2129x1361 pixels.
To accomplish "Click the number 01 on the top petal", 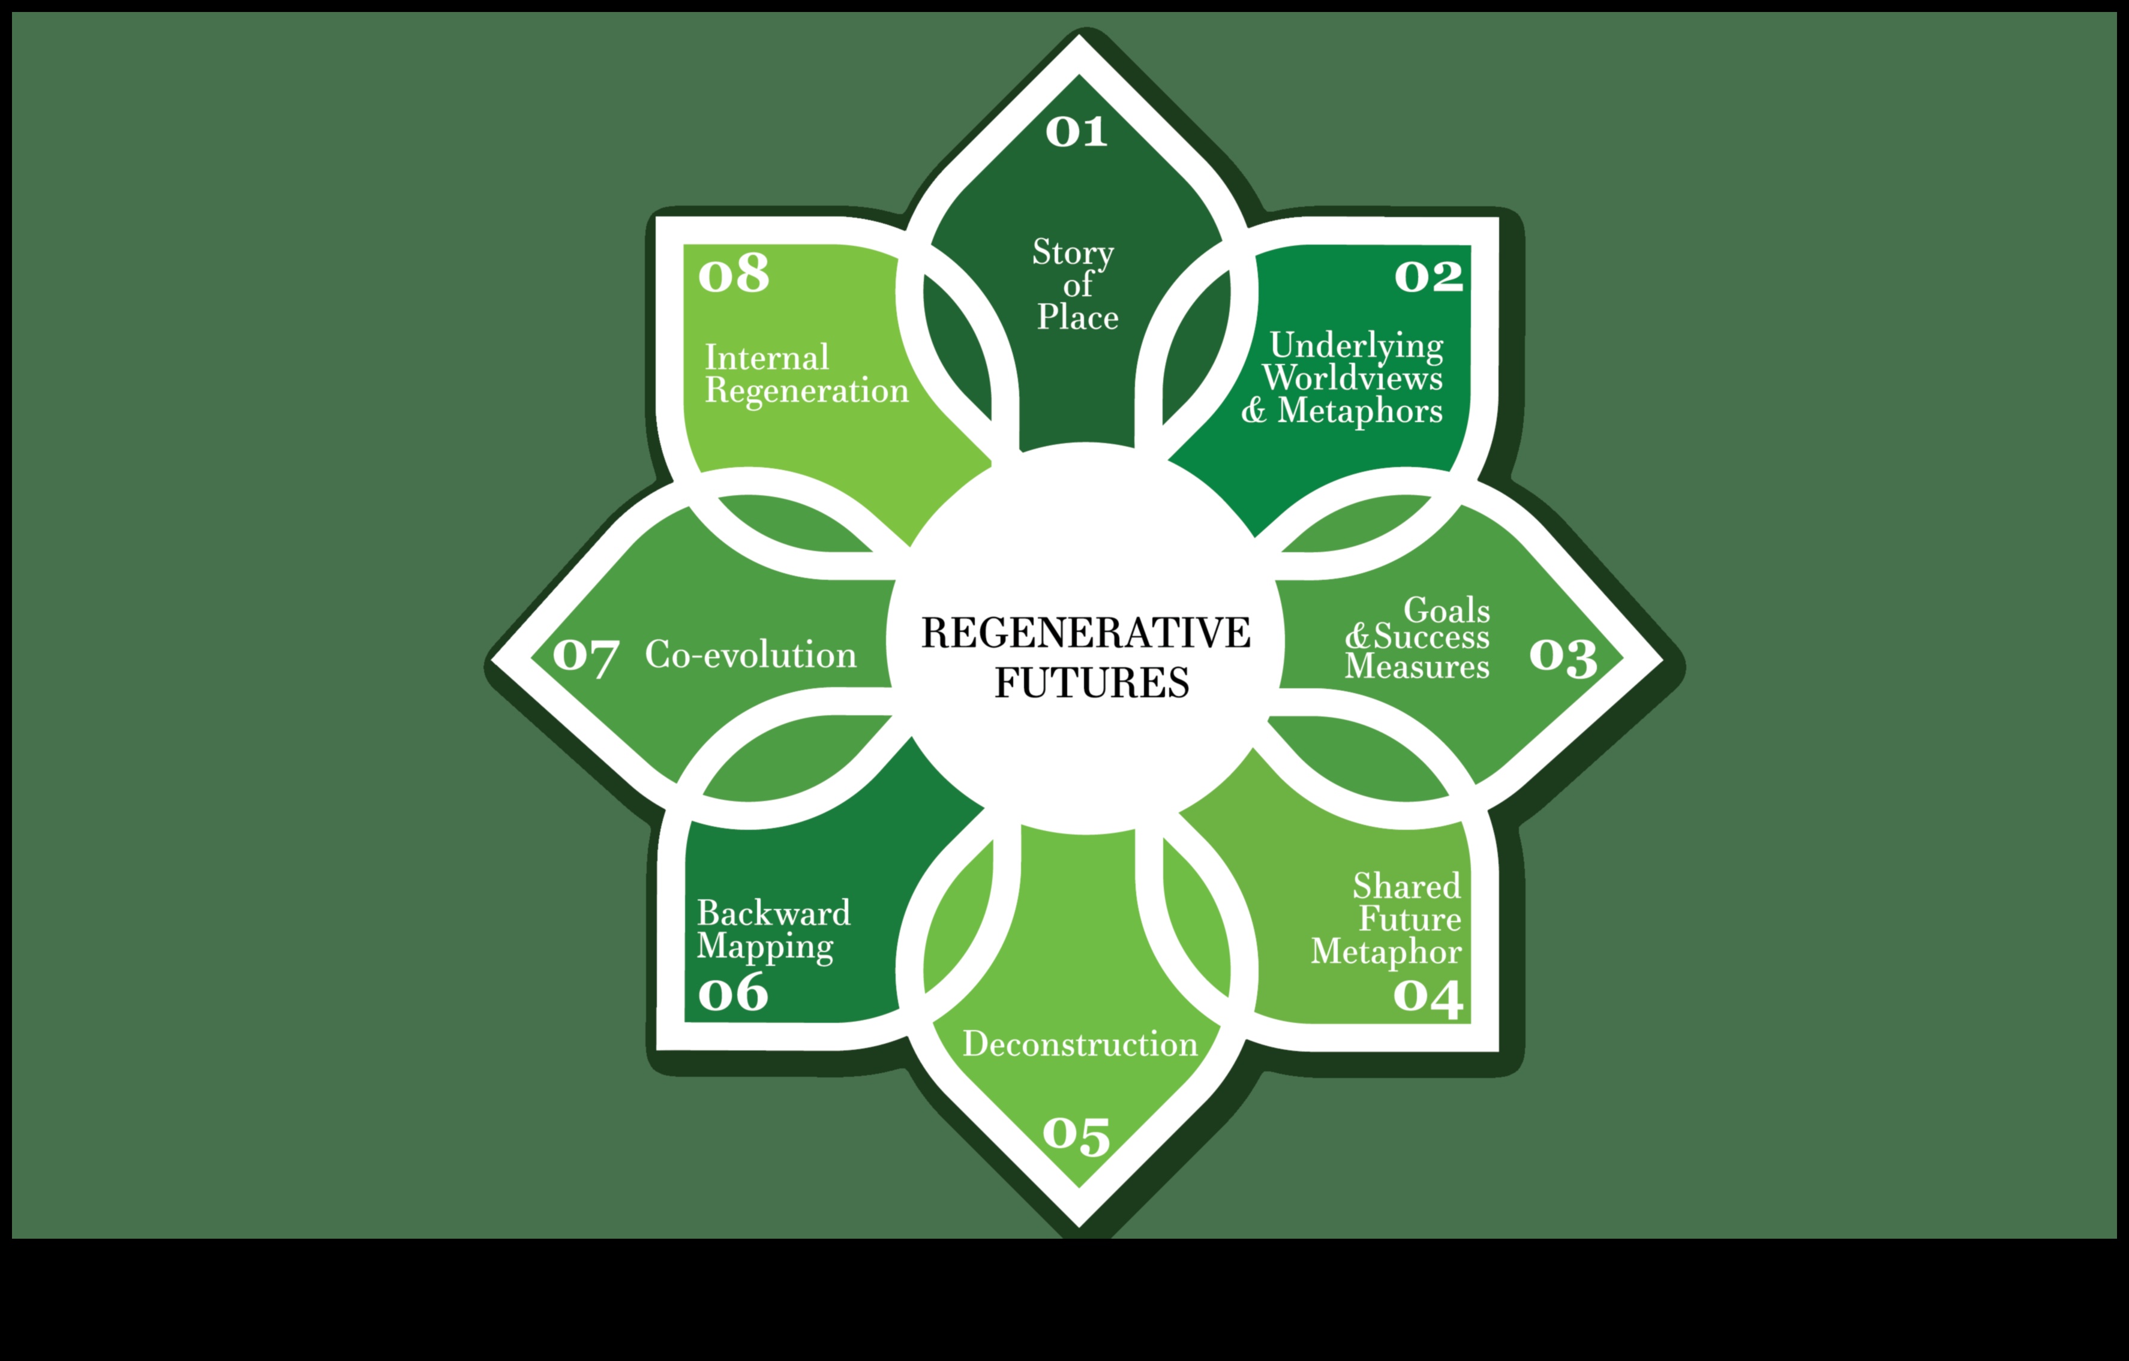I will point(1076,132).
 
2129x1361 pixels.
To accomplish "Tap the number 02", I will point(1429,276).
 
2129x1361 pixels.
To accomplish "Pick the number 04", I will point(1428,995).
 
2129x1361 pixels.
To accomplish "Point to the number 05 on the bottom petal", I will point(1076,1135).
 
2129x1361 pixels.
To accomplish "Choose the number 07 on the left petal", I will point(585,656).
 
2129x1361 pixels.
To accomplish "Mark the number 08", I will point(733,274).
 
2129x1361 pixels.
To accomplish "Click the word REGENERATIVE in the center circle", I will point(1086,633).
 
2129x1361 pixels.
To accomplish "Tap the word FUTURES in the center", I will point(1092,682).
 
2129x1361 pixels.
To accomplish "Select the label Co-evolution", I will point(750,655).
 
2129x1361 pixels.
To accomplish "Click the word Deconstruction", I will point(1080,1044).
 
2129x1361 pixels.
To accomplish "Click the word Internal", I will point(767,358).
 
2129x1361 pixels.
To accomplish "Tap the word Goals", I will point(1446,610).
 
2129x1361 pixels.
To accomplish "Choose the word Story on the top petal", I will point(1073,253).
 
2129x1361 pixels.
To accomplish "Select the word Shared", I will point(1407,886).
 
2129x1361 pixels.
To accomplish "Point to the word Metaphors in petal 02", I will point(1360,411).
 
